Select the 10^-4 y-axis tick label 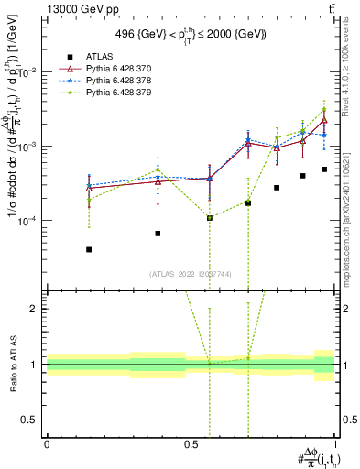(28, 221)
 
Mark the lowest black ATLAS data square (89, 249)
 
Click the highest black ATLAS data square (324, 169)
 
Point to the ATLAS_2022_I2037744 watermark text (191, 273)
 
